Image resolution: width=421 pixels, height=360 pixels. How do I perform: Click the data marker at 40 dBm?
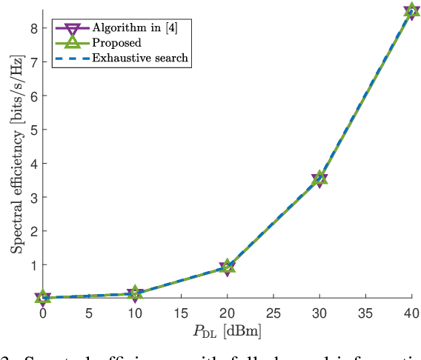pyautogui.click(x=412, y=11)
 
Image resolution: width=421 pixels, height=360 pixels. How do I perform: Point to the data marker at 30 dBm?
pyautogui.click(x=319, y=179)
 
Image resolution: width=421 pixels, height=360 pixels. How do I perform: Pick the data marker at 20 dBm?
pyautogui.click(x=227, y=267)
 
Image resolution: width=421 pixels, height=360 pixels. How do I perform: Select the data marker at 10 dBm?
pyautogui.click(x=134, y=293)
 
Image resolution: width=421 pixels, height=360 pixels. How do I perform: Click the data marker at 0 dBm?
pyautogui.click(x=42, y=298)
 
